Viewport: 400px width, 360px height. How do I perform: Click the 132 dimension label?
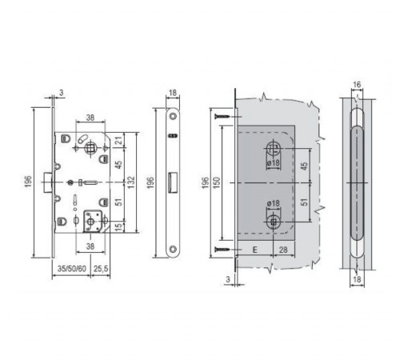[131, 182]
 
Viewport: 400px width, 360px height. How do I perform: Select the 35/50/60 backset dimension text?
[72, 269]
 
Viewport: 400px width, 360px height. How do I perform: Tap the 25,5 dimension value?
[101, 269]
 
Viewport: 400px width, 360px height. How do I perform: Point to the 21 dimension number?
[120, 140]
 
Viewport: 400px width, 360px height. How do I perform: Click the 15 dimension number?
[120, 226]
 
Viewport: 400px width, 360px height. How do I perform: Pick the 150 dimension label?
[217, 182]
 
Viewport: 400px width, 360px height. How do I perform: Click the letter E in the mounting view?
[255, 250]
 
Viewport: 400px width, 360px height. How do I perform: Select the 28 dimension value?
[283, 250]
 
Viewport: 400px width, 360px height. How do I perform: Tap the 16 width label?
[357, 85]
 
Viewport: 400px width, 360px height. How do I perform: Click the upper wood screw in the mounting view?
[222, 117]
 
